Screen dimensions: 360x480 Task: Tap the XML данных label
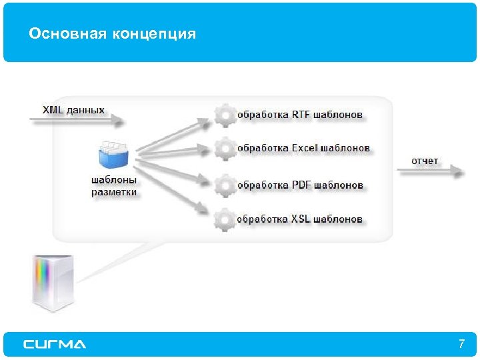pos(73,109)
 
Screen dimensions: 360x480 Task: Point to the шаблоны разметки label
pos(113,186)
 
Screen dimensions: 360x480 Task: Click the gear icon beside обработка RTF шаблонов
pos(225,115)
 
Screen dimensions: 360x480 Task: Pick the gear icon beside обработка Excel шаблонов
pos(225,148)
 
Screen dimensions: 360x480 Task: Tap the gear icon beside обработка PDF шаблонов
pos(225,185)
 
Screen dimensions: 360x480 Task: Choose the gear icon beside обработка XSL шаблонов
pos(225,219)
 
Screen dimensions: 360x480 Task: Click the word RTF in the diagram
pos(301,115)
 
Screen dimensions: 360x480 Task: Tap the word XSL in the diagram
pos(301,219)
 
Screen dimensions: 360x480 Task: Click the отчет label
pos(425,161)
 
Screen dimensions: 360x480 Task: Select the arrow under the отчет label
pos(431,171)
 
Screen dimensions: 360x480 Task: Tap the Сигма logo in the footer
pos(55,345)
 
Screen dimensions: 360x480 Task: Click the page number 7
pos(461,345)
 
